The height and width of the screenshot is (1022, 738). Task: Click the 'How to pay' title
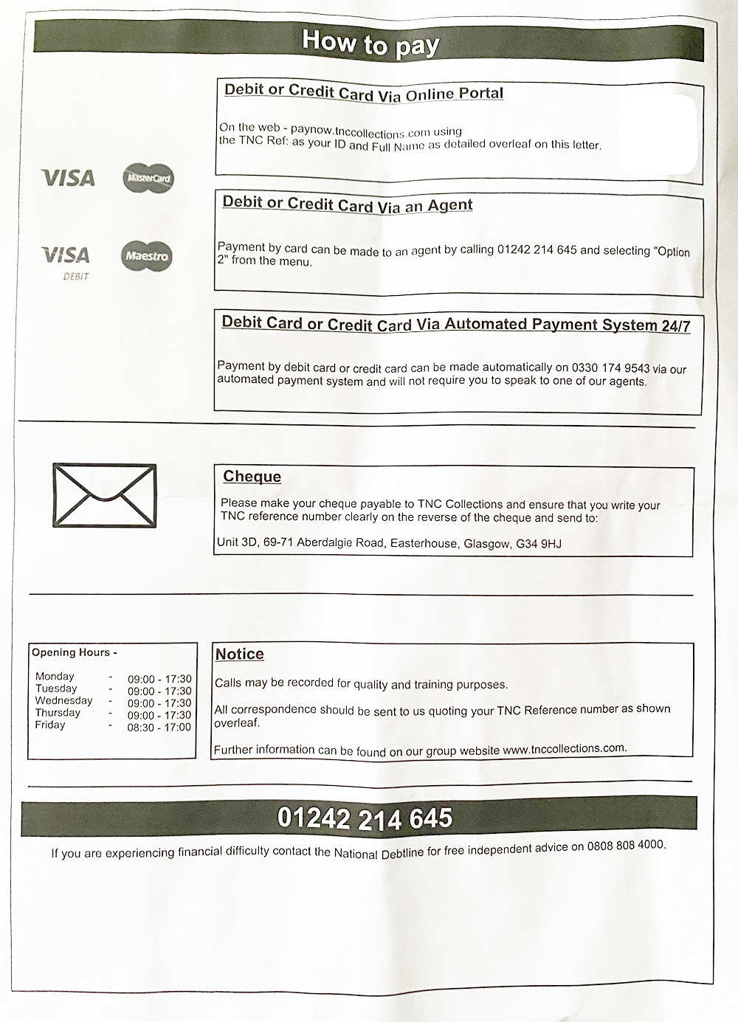pyautogui.click(x=370, y=42)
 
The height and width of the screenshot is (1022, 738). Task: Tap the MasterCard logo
pyautogui.click(x=148, y=179)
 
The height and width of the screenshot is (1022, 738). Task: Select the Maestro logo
pyautogui.click(x=146, y=256)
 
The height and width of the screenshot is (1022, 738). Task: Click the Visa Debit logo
pyautogui.click(x=66, y=260)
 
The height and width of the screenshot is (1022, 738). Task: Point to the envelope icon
pyautogui.click(x=104, y=495)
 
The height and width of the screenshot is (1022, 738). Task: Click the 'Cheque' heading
pyautogui.click(x=252, y=477)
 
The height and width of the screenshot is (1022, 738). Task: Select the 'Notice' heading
pyautogui.click(x=239, y=654)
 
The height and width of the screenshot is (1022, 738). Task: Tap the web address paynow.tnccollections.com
pyautogui.click(x=360, y=131)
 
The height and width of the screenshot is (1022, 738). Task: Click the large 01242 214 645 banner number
pyautogui.click(x=365, y=818)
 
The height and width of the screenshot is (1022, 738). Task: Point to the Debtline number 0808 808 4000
pyautogui.click(x=626, y=846)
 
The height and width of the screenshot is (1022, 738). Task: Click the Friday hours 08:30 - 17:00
pyautogui.click(x=159, y=727)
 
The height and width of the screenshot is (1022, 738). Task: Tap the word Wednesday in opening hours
pyautogui.click(x=63, y=700)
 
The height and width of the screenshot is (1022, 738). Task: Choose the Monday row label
pyautogui.click(x=55, y=676)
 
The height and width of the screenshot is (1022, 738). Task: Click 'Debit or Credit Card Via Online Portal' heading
pyautogui.click(x=364, y=92)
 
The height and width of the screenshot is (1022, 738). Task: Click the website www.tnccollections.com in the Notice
pyautogui.click(x=564, y=748)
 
